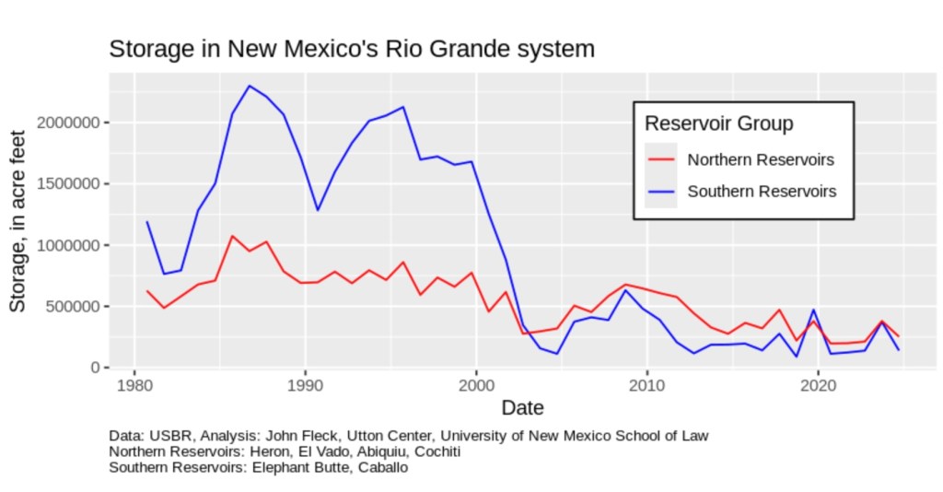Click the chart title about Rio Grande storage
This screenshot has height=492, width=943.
pyautogui.click(x=352, y=49)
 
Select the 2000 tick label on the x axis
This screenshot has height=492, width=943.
pyautogui.click(x=476, y=384)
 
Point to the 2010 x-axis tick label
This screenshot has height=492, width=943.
pyautogui.click(x=646, y=384)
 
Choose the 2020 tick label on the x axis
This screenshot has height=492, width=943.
pyautogui.click(x=818, y=384)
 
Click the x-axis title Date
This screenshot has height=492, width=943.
pyautogui.click(x=522, y=406)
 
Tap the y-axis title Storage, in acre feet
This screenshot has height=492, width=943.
pyautogui.click(x=18, y=221)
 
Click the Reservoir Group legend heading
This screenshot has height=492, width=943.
pyautogui.click(x=719, y=123)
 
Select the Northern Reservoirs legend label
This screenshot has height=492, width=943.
pyautogui.click(x=761, y=159)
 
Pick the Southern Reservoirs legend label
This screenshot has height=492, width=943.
pyautogui.click(x=762, y=192)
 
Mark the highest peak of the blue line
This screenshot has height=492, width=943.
pyautogui.click(x=250, y=86)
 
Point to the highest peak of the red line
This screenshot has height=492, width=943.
pyautogui.click(x=233, y=236)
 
